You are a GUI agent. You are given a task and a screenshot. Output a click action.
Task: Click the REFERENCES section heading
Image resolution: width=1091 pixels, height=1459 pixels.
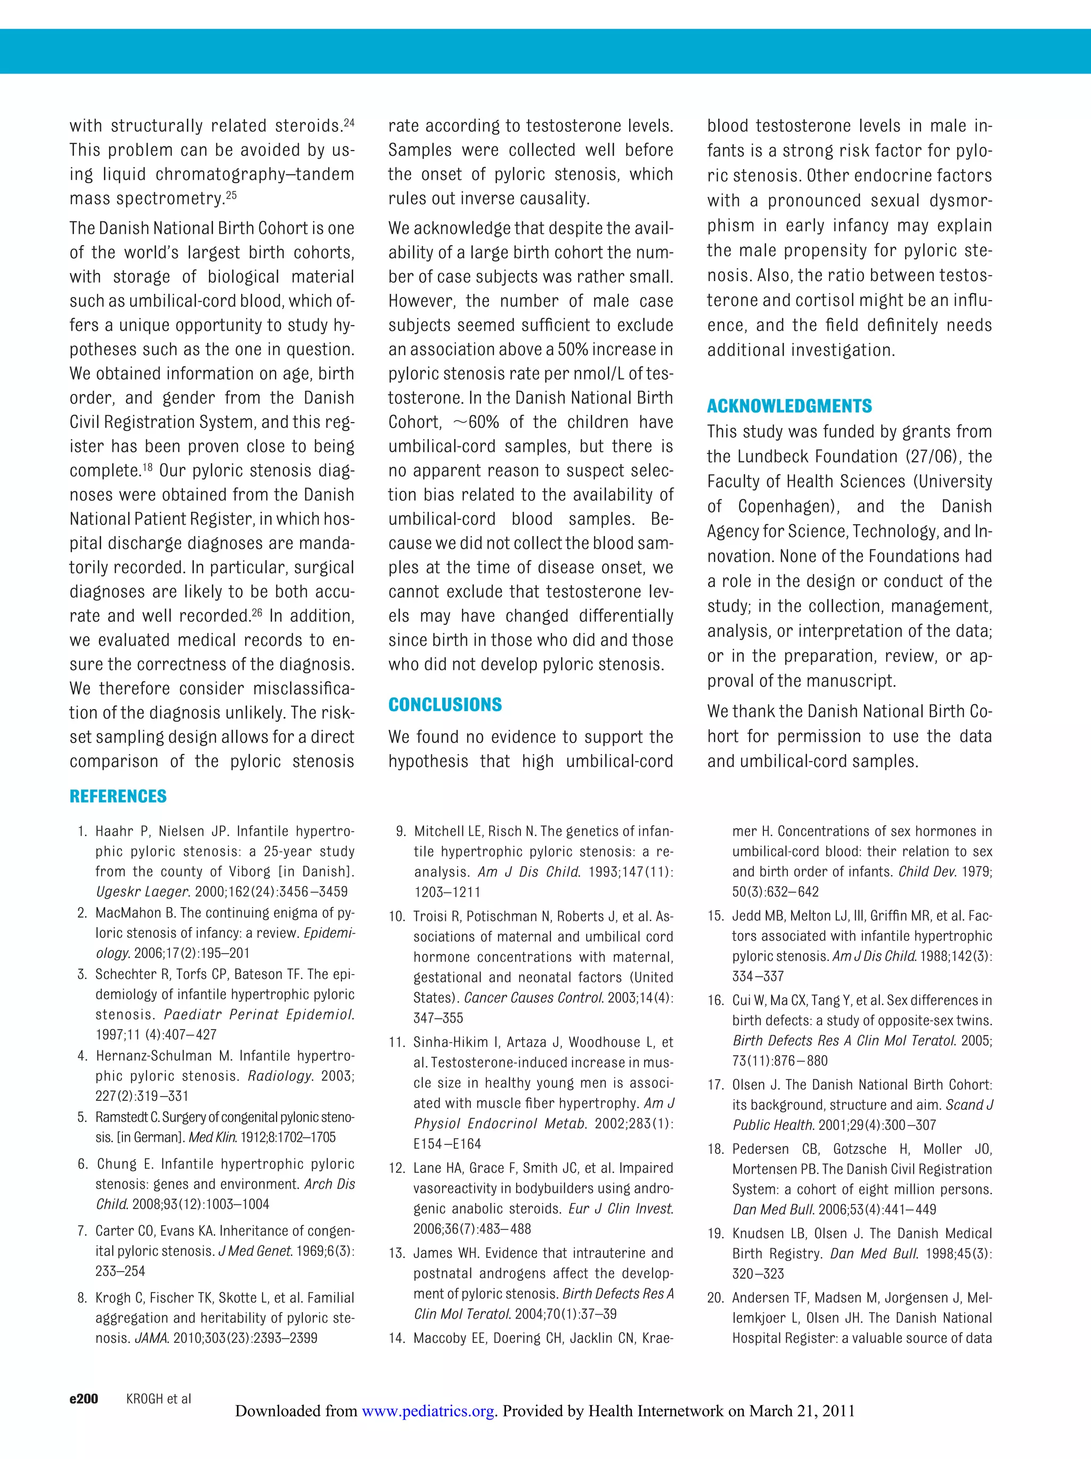(x=118, y=796)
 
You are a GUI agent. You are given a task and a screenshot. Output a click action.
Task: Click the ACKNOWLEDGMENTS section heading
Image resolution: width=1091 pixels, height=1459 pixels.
(x=789, y=406)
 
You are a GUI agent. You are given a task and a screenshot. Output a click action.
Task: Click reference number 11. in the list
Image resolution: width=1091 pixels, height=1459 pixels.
(x=396, y=1042)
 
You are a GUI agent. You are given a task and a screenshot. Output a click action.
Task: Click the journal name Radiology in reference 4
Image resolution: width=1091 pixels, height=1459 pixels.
(x=279, y=1076)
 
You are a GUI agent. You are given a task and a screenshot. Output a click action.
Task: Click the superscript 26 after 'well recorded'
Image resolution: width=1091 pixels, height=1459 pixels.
(x=258, y=612)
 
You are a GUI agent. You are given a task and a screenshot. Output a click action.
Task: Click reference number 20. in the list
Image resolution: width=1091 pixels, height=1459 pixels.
(x=716, y=1297)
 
